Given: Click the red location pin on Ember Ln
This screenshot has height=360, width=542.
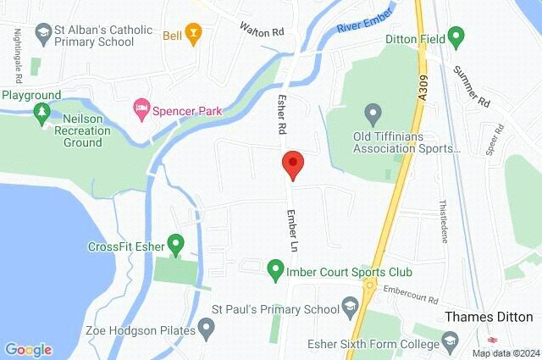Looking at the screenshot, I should point(292,163).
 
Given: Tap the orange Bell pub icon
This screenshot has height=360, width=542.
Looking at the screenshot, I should point(194,35).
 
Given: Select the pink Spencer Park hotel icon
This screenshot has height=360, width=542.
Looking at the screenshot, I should point(141,109).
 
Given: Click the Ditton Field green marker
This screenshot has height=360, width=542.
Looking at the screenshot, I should point(456,36).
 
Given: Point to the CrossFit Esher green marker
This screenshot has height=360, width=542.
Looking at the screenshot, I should point(176,246).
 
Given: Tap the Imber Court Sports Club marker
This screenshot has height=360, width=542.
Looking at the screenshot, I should point(274,272).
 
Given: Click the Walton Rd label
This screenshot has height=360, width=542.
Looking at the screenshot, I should point(258,30).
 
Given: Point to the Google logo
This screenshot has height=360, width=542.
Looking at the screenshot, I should point(28,349).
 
